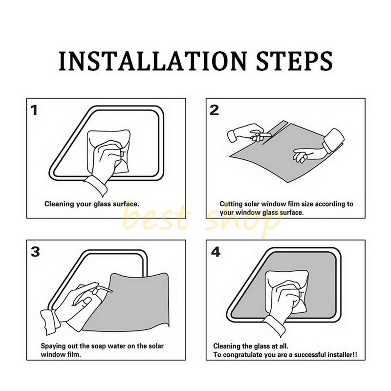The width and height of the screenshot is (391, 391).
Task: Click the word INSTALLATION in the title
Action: pyautogui.click(x=152, y=62)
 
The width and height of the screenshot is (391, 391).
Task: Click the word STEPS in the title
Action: pyautogui.click(x=294, y=62)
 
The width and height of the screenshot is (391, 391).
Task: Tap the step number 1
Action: pyautogui.click(x=34, y=110)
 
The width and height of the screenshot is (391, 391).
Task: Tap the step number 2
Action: pyautogui.click(x=215, y=110)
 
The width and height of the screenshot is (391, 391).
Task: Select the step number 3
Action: pyautogui.click(x=35, y=252)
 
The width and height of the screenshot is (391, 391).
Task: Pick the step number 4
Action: pyautogui.click(x=216, y=252)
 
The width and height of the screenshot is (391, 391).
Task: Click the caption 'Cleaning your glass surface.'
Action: pyautogui.click(x=92, y=204)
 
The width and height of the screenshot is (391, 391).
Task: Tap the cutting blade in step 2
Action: pyautogui.click(x=265, y=135)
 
